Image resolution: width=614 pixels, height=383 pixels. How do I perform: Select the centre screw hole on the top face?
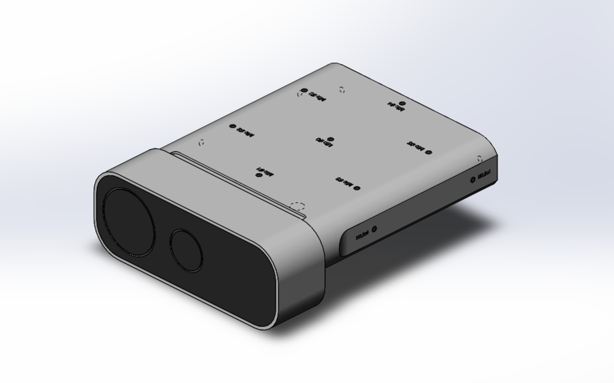(x=330, y=139)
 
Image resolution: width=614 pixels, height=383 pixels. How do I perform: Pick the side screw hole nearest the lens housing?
(x=374, y=228)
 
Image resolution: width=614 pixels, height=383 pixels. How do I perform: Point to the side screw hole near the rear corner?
(x=473, y=178)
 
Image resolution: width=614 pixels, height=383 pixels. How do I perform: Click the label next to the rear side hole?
(x=484, y=173)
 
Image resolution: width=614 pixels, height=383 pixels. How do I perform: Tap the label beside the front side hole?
(x=361, y=234)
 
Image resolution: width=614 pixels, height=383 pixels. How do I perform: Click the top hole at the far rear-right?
(x=402, y=104)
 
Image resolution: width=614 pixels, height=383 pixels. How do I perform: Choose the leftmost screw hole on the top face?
(x=233, y=127)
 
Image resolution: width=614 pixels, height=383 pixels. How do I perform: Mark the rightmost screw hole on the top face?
(x=428, y=153)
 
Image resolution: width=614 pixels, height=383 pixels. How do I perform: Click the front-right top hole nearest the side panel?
(x=356, y=187)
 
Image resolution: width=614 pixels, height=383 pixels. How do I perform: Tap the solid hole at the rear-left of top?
(x=304, y=91)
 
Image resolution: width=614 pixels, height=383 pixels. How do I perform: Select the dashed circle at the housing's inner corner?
(x=296, y=205)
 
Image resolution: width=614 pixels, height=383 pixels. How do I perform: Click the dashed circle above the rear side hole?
(x=479, y=158)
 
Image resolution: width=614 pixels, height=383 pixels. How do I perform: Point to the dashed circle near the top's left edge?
(x=203, y=143)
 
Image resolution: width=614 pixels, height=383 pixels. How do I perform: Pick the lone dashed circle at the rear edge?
(x=342, y=90)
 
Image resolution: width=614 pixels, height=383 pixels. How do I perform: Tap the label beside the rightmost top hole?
(x=416, y=148)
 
